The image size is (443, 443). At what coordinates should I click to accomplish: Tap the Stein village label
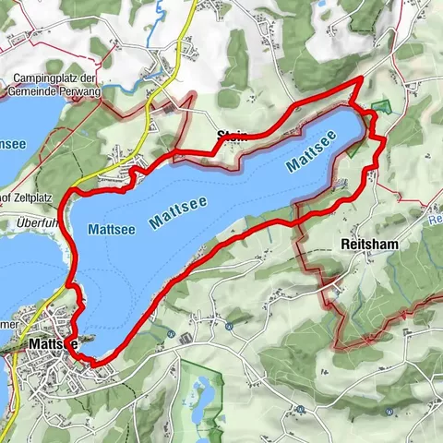(x=232, y=138)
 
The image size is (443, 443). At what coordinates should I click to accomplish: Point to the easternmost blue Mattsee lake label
(x=312, y=150)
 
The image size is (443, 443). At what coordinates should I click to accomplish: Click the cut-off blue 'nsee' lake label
(x=17, y=146)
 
